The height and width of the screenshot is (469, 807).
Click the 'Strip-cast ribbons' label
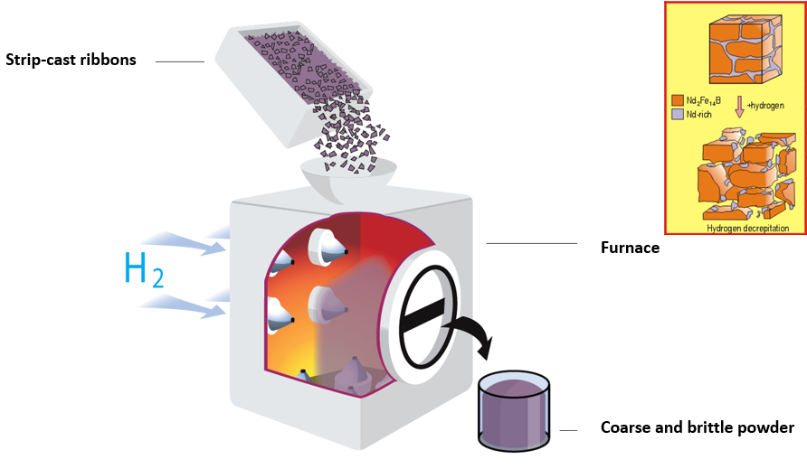click(x=71, y=61)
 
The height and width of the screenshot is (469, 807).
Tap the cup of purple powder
click(x=514, y=411)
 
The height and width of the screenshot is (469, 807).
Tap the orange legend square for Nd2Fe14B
click(x=678, y=100)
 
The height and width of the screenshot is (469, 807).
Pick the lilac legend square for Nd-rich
click(x=678, y=115)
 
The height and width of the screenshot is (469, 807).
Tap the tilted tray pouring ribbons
click(x=290, y=86)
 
